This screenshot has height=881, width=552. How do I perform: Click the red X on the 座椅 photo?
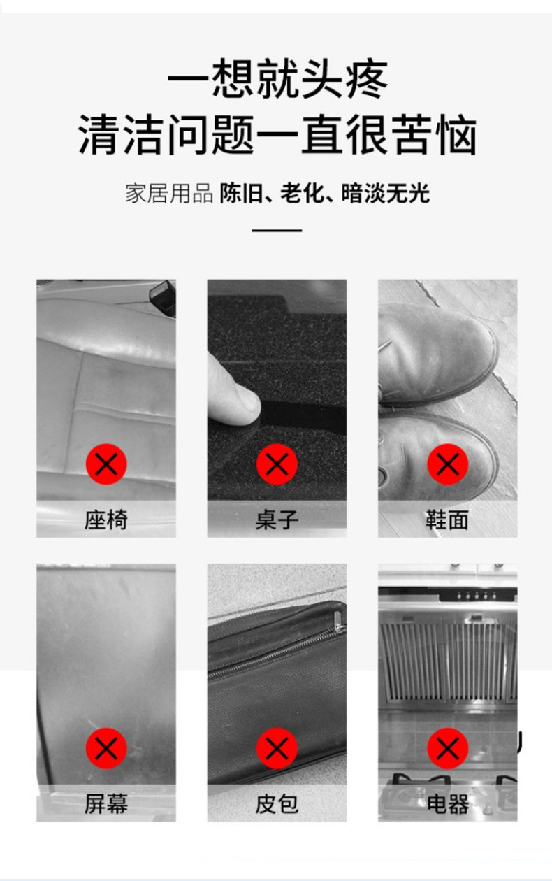(106, 464)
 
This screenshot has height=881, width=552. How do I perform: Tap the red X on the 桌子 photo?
(277, 464)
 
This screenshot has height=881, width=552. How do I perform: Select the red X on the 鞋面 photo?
(447, 464)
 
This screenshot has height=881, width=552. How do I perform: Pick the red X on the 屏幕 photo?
(106, 748)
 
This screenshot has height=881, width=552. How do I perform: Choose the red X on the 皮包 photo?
(277, 748)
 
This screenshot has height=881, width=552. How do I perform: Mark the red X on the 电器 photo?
(447, 748)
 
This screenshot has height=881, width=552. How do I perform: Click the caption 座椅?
(106, 520)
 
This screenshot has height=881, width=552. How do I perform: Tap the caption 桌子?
(277, 520)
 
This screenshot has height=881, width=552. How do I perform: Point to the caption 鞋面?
(447, 520)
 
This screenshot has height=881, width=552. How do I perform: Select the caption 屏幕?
(106, 803)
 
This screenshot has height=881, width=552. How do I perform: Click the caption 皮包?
(277, 803)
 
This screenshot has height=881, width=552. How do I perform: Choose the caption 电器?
(447, 803)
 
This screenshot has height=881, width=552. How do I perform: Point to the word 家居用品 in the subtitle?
(168, 193)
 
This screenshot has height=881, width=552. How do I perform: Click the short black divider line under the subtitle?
(277, 230)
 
